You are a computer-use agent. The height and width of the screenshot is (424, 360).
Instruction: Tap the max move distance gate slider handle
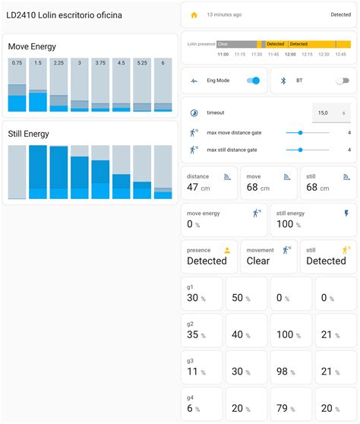tap(301, 132)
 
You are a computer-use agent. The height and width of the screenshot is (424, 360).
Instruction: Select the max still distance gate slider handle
tap(301, 150)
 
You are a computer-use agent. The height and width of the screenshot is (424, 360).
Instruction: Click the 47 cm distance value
tap(199, 188)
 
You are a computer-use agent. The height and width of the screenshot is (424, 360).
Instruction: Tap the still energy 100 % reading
tap(286, 224)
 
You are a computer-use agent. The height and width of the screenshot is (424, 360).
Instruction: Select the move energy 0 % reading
tap(194, 224)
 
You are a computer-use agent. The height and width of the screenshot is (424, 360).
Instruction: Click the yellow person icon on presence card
tap(227, 249)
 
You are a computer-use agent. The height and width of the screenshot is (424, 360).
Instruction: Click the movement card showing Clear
tap(268, 257)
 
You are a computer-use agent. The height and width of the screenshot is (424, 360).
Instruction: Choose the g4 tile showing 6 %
tap(201, 403)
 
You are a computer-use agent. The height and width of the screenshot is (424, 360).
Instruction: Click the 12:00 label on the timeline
tap(289, 54)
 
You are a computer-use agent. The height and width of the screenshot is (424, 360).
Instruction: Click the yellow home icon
tap(194, 14)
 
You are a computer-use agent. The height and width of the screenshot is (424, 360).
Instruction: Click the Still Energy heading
tap(29, 134)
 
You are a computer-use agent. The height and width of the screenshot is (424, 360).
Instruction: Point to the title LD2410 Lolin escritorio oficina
tap(64, 15)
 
